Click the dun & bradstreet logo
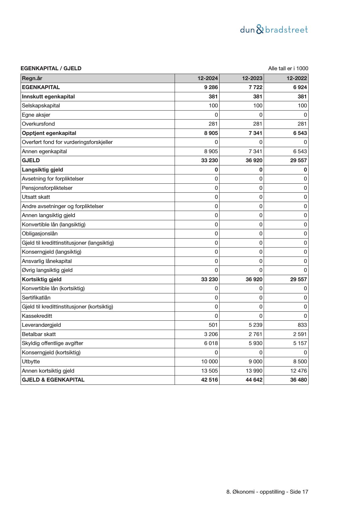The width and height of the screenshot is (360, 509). pyautogui.click(x=274, y=30)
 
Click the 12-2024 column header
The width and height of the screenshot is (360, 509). pyautogui.click(x=208, y=78)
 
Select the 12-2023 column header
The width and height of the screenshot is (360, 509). pyautogui.click(x=252, y=78)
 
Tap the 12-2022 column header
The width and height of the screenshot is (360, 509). pyautogui.click(x=297, y=78)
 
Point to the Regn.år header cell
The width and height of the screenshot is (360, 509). pyautogui.click(x=32, y=78)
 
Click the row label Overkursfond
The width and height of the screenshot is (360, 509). pyautogui.click(x=38, y=124)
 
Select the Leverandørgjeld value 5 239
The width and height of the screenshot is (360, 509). pyautogui.click(x=256, y=325)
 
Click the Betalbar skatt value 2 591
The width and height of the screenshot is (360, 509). pyautogui.click(x=300, y=334)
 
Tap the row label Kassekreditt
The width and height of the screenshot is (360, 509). pyautogui.click(x=37, y=316)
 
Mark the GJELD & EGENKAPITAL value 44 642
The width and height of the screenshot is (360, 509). pyautogui.click(x=254, y=380)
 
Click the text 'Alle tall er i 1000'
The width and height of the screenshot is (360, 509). pyautogui.click(x=288, y=68)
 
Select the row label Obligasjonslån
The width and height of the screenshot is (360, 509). pyautogui.click(x=40, y=234)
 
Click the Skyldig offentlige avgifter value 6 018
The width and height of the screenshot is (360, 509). pyautogui.click(x=211, y=343)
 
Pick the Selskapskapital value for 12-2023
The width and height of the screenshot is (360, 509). pyautogui.click(x=258, y=106)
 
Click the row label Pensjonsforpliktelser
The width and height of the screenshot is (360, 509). pyautogui.click(x=47, y=188)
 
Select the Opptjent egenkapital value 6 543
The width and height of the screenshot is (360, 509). pyautogui.click(x=300, y=133)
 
